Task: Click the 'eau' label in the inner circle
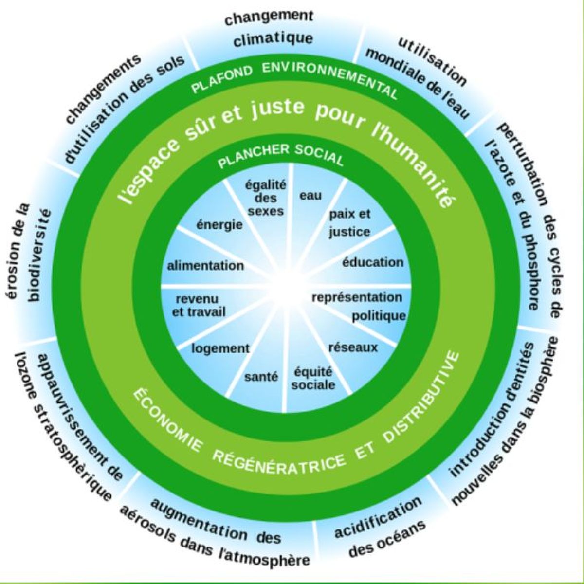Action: tap(310, 196)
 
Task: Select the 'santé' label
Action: tap(261, 377)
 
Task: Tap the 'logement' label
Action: tap(220, 348)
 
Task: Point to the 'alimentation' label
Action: tap(205, 266)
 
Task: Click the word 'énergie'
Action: tap(219, 225)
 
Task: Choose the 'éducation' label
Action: tap(373, 262)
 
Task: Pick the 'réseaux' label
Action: tap(353, 347)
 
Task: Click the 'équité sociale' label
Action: tap(313, 379)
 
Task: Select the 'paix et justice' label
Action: tap(349, 223)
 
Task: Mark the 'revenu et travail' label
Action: tap(199, 305)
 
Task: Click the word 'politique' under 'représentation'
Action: tap(379, 316)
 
